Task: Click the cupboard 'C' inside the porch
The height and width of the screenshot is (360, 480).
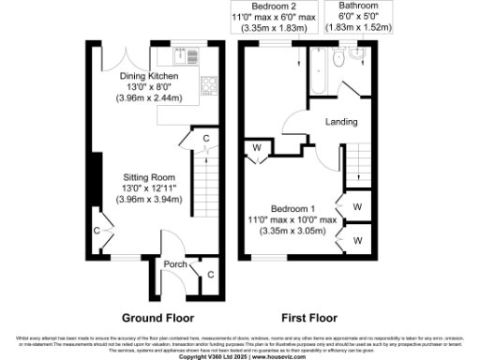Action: point(209,274)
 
